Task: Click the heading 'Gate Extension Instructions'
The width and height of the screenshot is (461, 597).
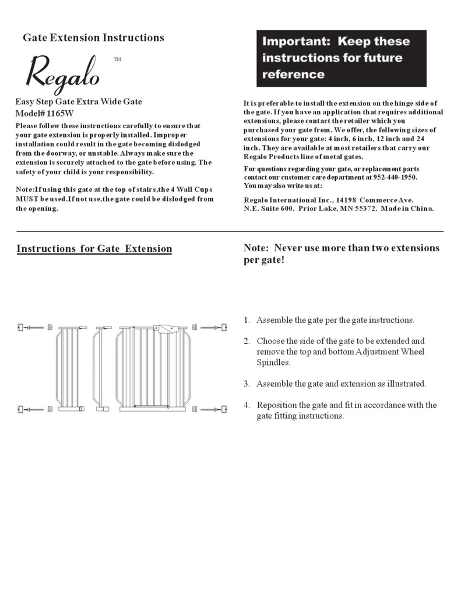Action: (93, 38)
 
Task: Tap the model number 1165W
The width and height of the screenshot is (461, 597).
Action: (60, 113)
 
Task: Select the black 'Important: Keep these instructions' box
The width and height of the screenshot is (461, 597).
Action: (342, 58)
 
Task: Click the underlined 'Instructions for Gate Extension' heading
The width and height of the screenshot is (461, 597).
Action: (94, 249)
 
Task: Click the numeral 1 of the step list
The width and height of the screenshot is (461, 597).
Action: (247, 320)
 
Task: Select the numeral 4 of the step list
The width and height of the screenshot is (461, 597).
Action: (247, 405)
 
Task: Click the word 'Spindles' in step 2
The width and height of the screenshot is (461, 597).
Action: (273, 363)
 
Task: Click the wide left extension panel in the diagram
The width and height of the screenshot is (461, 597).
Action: (69, 368)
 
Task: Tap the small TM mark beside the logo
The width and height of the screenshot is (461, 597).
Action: (117, 59)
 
